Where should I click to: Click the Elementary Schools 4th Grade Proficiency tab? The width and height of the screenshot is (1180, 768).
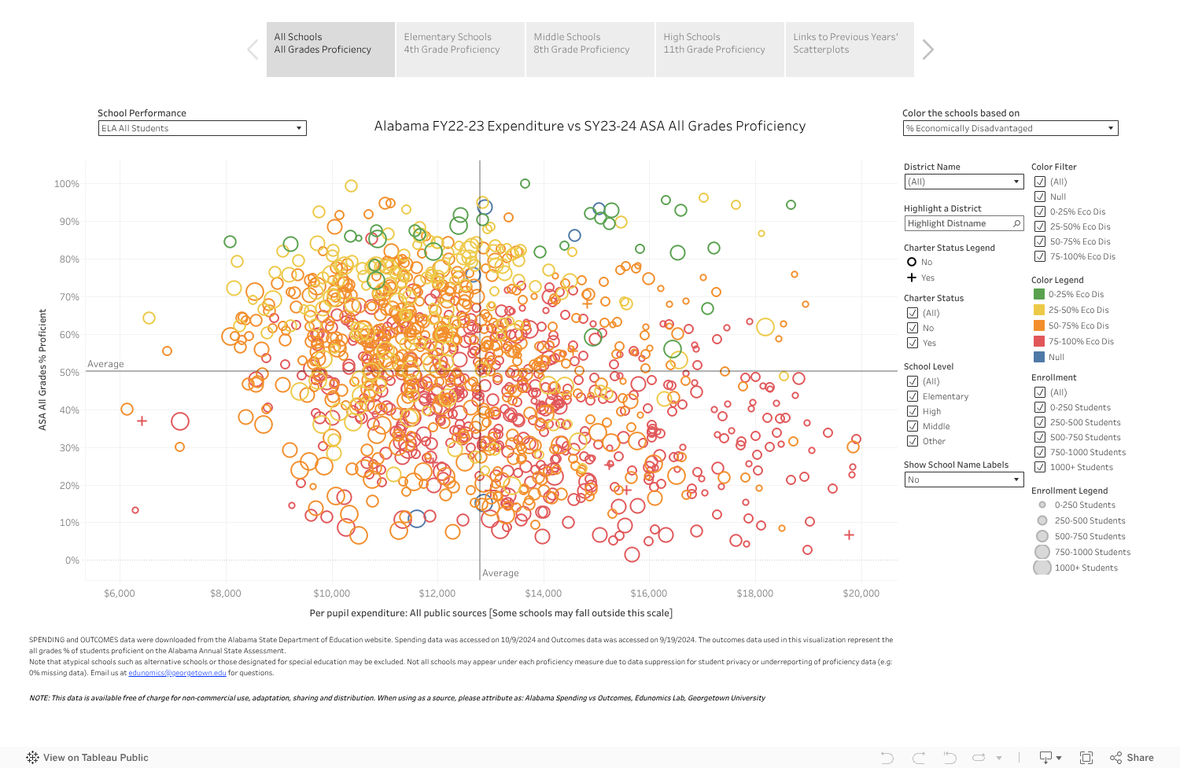coord(459,49)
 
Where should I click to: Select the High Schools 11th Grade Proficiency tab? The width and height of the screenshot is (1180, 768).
coord(719,49)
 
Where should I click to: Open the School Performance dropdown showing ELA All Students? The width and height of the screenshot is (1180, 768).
coord(202,128)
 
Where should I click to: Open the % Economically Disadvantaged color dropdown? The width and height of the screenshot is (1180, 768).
coord(1010,128)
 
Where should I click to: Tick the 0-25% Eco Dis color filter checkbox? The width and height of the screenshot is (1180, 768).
coord(1040,211)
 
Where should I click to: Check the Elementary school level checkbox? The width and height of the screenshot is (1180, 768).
coord(913,396)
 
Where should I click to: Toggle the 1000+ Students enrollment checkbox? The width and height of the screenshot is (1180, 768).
coord(1040,467)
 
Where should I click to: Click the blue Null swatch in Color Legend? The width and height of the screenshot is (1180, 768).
coord(1038,357)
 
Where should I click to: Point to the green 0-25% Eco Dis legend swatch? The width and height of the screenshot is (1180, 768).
coord(1038,294)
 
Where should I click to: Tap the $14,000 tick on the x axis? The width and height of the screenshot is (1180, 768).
coord(543,593)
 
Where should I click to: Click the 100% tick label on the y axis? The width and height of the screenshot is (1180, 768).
coord(67,184)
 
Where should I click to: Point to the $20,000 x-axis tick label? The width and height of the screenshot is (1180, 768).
coord(861,593)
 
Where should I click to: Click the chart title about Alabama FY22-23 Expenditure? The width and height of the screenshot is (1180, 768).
coord(589,126)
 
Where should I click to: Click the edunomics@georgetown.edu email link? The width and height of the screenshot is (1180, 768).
coord(177,673)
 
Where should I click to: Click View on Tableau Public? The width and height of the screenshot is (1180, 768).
coord(87,758)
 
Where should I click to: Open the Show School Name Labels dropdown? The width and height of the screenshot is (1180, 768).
coord(963,480)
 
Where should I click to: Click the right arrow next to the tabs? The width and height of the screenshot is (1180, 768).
coord(928,50)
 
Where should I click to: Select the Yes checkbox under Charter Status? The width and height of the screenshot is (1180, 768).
coord(913,343)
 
